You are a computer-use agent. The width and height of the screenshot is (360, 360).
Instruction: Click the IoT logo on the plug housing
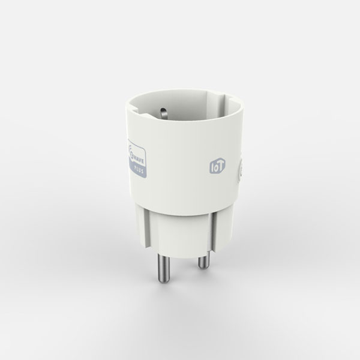216,166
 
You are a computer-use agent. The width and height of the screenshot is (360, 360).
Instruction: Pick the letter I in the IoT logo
212,166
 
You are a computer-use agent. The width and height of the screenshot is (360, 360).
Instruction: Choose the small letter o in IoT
215,166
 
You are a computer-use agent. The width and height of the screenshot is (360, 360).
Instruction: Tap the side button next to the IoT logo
239,173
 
